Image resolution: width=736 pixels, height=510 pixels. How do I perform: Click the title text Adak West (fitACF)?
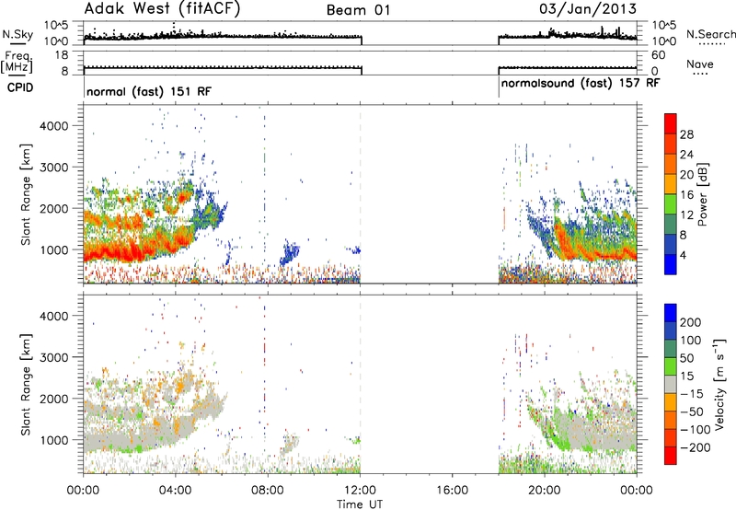tap(162, 8)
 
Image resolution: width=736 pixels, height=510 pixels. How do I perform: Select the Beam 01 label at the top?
tap(359, 10)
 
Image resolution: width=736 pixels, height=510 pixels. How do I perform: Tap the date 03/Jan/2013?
tap(588, 9)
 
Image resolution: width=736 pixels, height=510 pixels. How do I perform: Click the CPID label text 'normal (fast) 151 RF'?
tap(149, 91)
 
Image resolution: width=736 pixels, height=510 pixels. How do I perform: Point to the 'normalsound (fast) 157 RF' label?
tap(581, 84)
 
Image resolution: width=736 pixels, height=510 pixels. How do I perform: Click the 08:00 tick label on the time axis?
tap(268, 491)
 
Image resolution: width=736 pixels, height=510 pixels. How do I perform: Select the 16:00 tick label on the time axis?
tap(452, 491)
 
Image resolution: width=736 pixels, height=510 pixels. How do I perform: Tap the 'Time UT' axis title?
tap(360, 504)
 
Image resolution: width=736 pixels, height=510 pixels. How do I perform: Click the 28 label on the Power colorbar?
tap(686, 134)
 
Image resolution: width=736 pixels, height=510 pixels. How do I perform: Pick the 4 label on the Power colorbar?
tap(683, 256)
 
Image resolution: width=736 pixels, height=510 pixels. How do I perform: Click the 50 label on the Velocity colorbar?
tap(686, 358)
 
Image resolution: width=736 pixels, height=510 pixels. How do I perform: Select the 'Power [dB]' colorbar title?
tap(702, 194)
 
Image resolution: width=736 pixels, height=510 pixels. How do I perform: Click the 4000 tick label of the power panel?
tap(54, 126)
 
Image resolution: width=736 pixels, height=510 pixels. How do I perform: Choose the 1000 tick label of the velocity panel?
tap(54, 440)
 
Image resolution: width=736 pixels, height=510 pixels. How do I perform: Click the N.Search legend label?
tap(710, 34)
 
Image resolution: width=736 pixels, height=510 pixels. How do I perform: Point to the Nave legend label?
tap(700, 64)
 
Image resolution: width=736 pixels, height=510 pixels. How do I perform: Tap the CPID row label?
tap(20, 87)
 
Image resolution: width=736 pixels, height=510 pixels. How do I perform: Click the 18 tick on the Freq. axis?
tap(62, 55)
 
